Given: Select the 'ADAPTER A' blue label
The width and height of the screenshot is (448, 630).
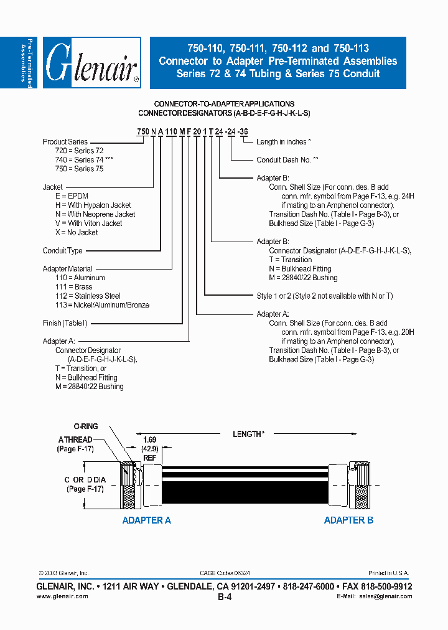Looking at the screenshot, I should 146,520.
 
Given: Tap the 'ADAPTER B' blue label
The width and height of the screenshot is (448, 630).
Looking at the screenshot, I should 348,520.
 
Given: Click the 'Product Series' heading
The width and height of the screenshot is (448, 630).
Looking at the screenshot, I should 65,142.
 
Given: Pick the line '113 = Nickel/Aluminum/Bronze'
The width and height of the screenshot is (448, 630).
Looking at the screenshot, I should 102,305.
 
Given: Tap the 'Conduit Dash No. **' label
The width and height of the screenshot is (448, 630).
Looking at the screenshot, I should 287,160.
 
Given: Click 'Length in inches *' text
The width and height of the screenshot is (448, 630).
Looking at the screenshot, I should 283,142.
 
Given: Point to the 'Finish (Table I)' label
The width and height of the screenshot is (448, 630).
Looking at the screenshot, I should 65,323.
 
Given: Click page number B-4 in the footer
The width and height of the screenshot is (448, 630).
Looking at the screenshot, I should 224,596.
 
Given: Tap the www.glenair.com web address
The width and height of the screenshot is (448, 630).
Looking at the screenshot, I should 62,596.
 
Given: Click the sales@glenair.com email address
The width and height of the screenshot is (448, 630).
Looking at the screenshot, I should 385,596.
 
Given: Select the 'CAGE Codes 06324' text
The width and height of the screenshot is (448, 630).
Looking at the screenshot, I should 225,573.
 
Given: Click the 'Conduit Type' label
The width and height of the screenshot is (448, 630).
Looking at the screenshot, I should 62,251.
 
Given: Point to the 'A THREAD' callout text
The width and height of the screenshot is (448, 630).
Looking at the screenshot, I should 75,440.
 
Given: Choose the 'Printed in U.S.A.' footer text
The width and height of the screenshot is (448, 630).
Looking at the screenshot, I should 390,573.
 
